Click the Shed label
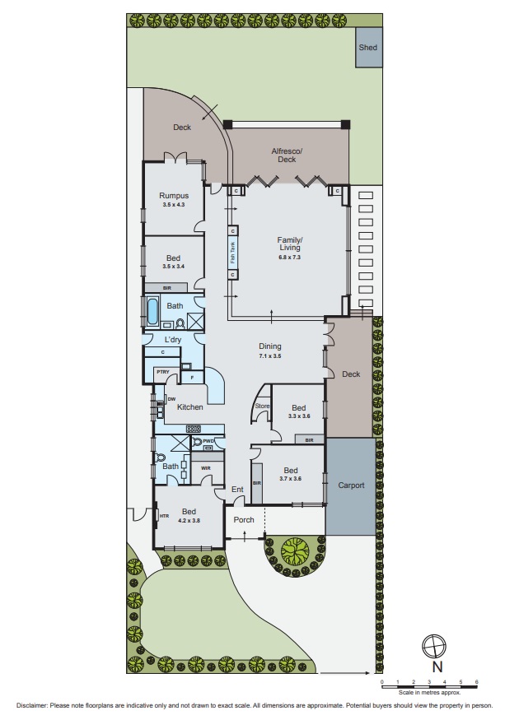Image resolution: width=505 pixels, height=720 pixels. (367, 48)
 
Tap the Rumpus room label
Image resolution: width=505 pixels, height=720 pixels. (174, 196)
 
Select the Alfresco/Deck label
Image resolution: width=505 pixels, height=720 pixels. (287, 156)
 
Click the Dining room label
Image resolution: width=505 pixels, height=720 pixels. (270, 346)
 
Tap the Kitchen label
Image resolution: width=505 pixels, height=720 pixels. (190, 407)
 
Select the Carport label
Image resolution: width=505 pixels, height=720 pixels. (351, 485)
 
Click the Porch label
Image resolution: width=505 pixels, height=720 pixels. (244, 519)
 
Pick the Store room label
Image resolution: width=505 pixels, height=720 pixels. (262, 406)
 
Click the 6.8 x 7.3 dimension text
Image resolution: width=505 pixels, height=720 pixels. (289, 258)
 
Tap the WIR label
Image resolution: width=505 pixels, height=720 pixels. (206, 468)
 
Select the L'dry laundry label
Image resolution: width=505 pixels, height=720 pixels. (173, 339)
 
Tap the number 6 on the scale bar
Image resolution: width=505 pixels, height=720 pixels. (476, 682)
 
